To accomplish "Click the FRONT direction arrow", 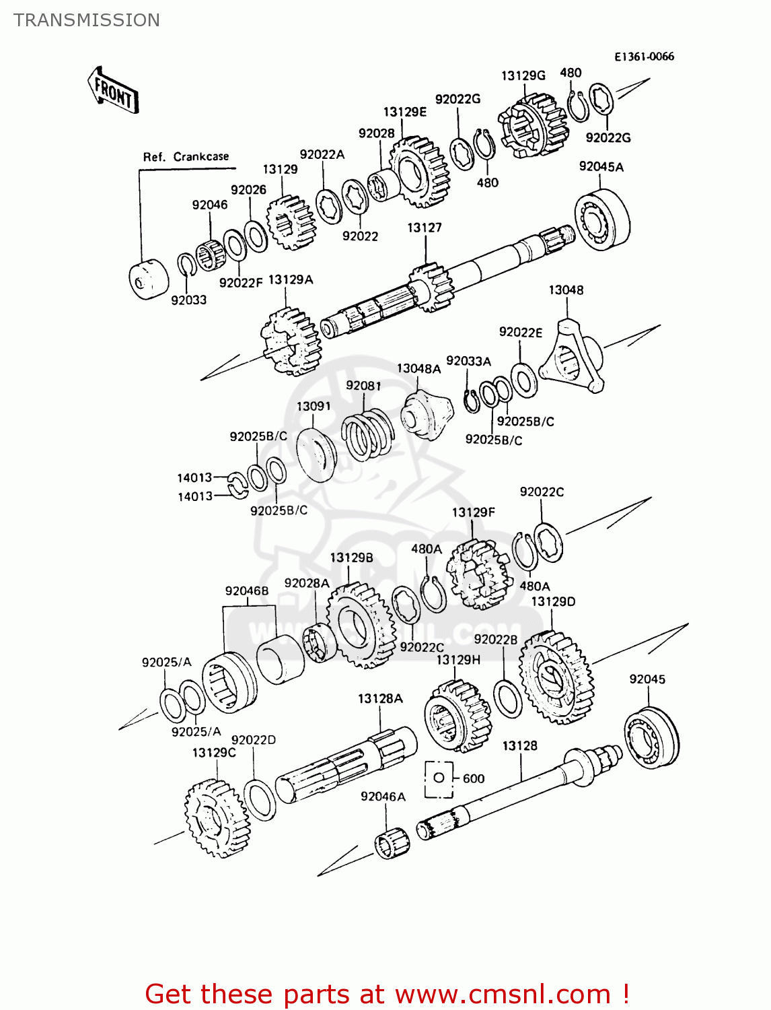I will pyautogui.click(x=112, y=90).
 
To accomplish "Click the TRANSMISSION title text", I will pyautogui.click(x=87, y=20).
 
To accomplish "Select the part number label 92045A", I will pyautogui.click(x=601, y=167).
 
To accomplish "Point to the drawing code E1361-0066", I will pyautogui.click(x=644, y=57).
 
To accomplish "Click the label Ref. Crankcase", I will pyautogui.click(x=186, y=157).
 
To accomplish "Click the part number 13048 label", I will pyautogui.click(x=566, y=290).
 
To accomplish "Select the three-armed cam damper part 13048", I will pyautogui.click(x=572, y=360).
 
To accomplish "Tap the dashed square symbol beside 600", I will pyautogui.click(x=439, y=779).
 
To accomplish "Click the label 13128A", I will pyautogui.click(x=380, y=699).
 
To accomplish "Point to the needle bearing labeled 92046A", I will pyautogui.click(x=392, y=842).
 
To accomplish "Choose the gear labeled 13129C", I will pyautogui.click(x=215, y=817).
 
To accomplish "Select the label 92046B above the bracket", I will pyautogui.click(x=247, y=591).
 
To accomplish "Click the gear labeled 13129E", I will pyautogui.click(x=418, y=172).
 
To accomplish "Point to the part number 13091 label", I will pyautogui.click(x=314, y=406).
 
